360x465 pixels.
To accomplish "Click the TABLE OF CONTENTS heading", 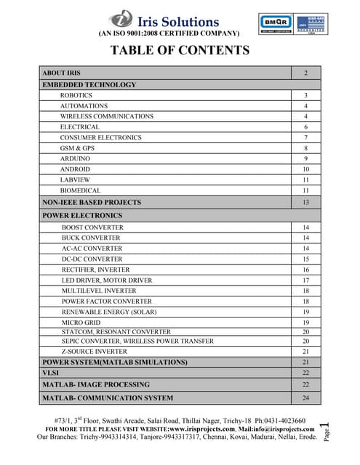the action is pyautogui.click(x=180, y=50).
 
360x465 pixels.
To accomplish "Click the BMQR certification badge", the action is pyautogui.click(x=275, y=22).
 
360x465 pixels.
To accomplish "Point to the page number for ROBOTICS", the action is pyautogui.click(x=306, y=96).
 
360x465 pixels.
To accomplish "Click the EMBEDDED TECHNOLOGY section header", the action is pyautogui.click(x=89, y=85).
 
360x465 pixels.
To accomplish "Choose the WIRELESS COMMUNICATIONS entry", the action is pyautogui.click(x=107, y=116).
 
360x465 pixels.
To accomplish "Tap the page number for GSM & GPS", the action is pyautogui.click(x=306, y=148).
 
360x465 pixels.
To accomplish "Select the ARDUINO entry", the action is pyautogui.click(x=76, y=158).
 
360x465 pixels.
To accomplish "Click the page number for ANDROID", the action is pyautogui.click(x=306, y=169).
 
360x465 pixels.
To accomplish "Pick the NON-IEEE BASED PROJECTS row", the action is pyautogui.click(x=92, y=202).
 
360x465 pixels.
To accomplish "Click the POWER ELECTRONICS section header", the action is pyautogui.click(x=82, y=216).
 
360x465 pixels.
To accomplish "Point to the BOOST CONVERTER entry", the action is pyautogui.click(x=92, y=227).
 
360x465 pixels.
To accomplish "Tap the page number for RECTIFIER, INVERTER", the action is pyautogui.click(x=306, y=270).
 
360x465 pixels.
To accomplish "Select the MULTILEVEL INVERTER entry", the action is pyautogui.click(x=97, y=291).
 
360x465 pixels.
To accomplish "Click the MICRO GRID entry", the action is pyautogui.click(x=81, y=322).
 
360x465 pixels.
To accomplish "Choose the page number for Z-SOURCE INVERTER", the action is pyautogui.click(x=306, y=351).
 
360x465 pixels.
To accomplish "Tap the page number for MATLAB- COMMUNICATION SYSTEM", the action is pyautogui.click(x=306, y=398).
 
